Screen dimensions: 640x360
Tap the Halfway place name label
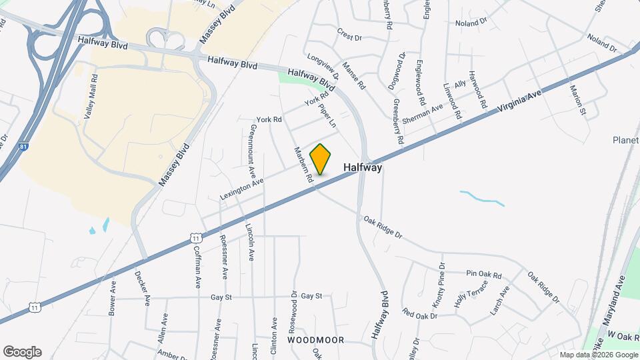coord(363,168)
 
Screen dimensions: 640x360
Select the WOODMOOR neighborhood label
coord(316,340)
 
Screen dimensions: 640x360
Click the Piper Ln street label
coord(327,115)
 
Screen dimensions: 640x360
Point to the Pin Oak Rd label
coord(484,273)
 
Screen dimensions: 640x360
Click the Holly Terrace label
coord(471,293)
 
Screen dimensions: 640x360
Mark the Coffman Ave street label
coord(197,266)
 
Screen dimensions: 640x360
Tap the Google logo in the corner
coord(22,352)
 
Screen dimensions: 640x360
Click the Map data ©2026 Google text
coord(598,355)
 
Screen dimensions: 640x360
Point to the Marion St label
coord(577,100)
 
